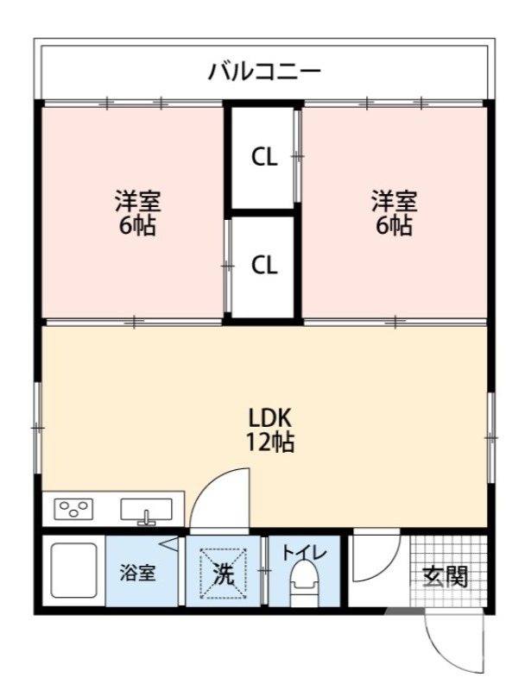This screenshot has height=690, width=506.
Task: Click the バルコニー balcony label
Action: (264, 72)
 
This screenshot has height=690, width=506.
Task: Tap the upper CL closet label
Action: (264, 157)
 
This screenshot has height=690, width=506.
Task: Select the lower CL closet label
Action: (264, 265)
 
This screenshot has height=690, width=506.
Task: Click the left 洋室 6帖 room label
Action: (137, 213)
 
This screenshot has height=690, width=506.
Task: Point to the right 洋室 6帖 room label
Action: (394, 213)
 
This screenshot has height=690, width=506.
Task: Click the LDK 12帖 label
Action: (269, 430)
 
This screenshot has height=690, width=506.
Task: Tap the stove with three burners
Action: (73, 509)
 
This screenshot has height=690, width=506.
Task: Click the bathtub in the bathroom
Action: (73, 570)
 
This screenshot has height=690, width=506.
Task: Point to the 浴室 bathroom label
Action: (138, 573)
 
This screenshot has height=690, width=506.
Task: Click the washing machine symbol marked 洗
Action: (224, 574)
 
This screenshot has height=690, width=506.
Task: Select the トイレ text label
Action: (304, 553)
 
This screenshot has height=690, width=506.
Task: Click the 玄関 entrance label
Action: (445, 576)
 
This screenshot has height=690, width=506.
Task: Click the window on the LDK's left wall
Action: (38, 427)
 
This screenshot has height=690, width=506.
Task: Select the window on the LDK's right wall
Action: (491, 437)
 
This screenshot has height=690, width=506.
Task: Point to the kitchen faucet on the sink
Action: (147, 518)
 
